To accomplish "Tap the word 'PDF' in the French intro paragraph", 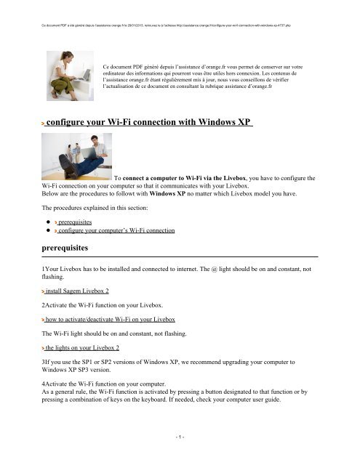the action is pos(146,66).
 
